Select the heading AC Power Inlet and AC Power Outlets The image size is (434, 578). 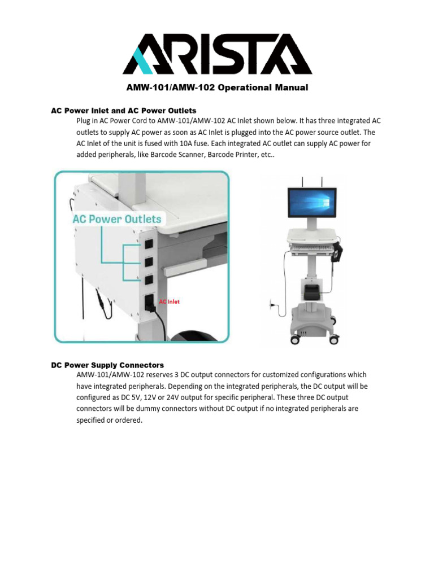coord(124,110)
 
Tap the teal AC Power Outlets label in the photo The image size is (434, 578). coord(116,219)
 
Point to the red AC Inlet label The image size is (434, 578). coord(169,302)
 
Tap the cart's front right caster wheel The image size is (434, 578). coord(333,339)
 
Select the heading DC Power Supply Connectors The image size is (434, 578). coord(107,365)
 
